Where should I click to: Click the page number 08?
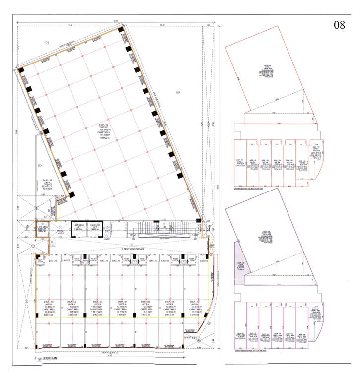(x=339, y=25)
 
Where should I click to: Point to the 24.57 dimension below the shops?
(x=122, y=355)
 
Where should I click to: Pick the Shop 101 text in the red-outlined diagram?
(x=239, y=162)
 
